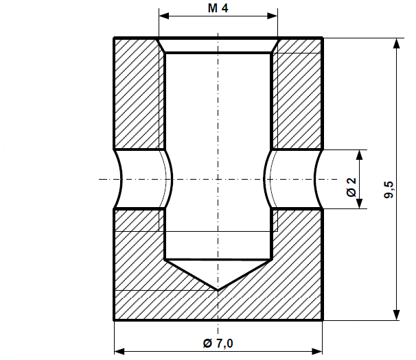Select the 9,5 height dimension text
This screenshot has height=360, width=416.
(x=389, y=190)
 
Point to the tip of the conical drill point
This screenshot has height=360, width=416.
(x=218, y=289)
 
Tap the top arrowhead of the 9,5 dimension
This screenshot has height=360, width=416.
(x=396, y=43)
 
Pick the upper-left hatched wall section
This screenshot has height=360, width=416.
(x=137, y=93)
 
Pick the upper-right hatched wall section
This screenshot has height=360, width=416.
(x=298, y=93)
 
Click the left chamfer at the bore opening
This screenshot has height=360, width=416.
(x=162, y=45)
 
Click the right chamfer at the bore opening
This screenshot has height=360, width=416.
(x=275, y=45)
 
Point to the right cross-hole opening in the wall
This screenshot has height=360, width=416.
(x=294, y=179)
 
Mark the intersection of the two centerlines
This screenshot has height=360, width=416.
(x=218, y=179)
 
